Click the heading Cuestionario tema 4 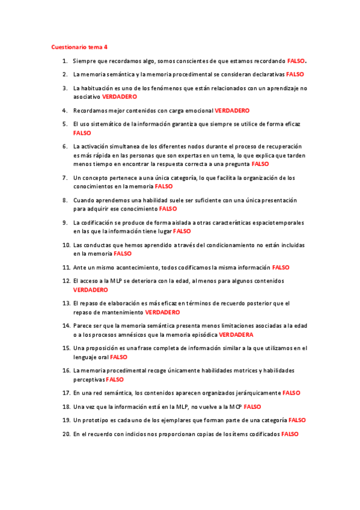click(80, 47)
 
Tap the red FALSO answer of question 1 click(296, 61)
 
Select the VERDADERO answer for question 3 click(120, 96)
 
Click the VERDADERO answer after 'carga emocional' click(232, 111)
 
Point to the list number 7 click(64, 178)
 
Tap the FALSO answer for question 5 click(82, 133)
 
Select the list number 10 click(67, 245)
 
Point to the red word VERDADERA click(236, 334)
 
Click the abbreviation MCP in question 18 click(234, 407)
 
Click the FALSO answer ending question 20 click(290, 434)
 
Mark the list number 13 click(67, 304)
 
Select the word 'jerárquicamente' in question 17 click(257, 393)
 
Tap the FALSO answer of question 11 click(281, 267)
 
